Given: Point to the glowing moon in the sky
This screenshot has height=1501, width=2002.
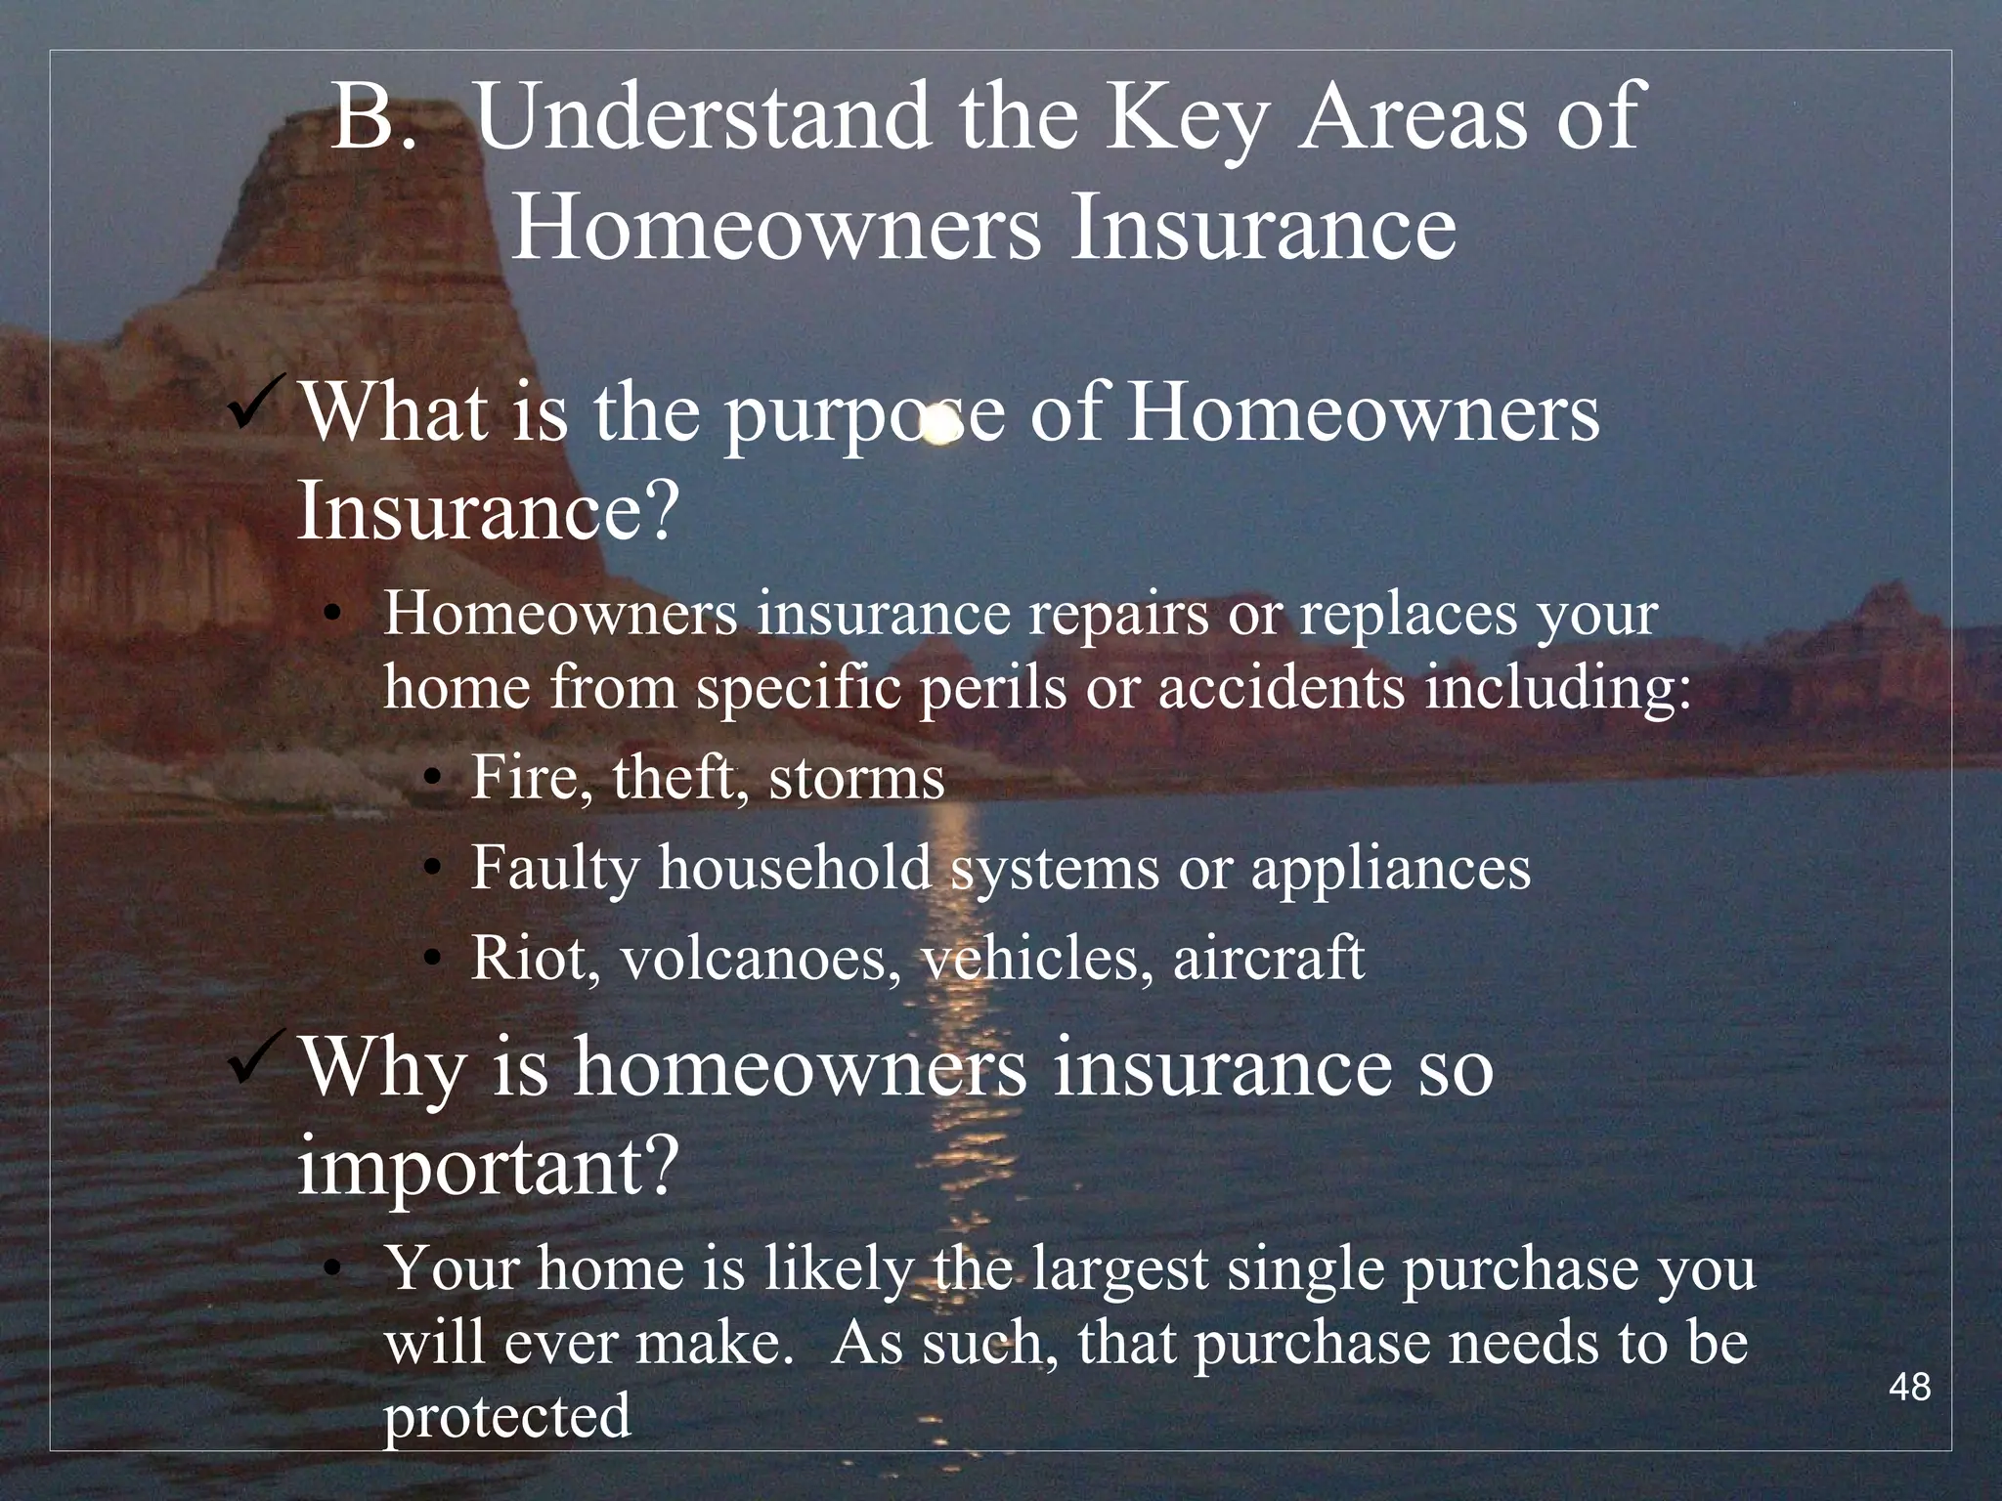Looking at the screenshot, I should [939, 427].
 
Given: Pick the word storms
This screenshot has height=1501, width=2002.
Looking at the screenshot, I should [856, 780].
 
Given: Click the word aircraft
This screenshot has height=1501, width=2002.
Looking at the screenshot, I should [1268, 958].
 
